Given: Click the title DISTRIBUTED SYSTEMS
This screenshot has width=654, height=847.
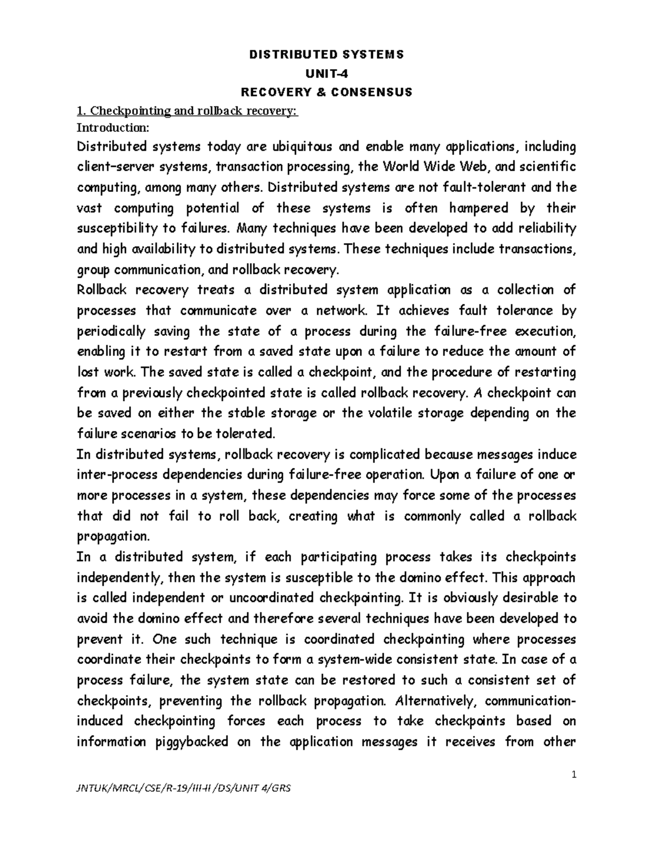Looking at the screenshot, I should [326, 55].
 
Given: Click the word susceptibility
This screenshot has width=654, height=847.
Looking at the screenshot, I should [118, 229].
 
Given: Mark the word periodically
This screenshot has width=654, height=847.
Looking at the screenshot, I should [112, 332].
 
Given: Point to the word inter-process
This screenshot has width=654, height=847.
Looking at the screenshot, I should [118, 474].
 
